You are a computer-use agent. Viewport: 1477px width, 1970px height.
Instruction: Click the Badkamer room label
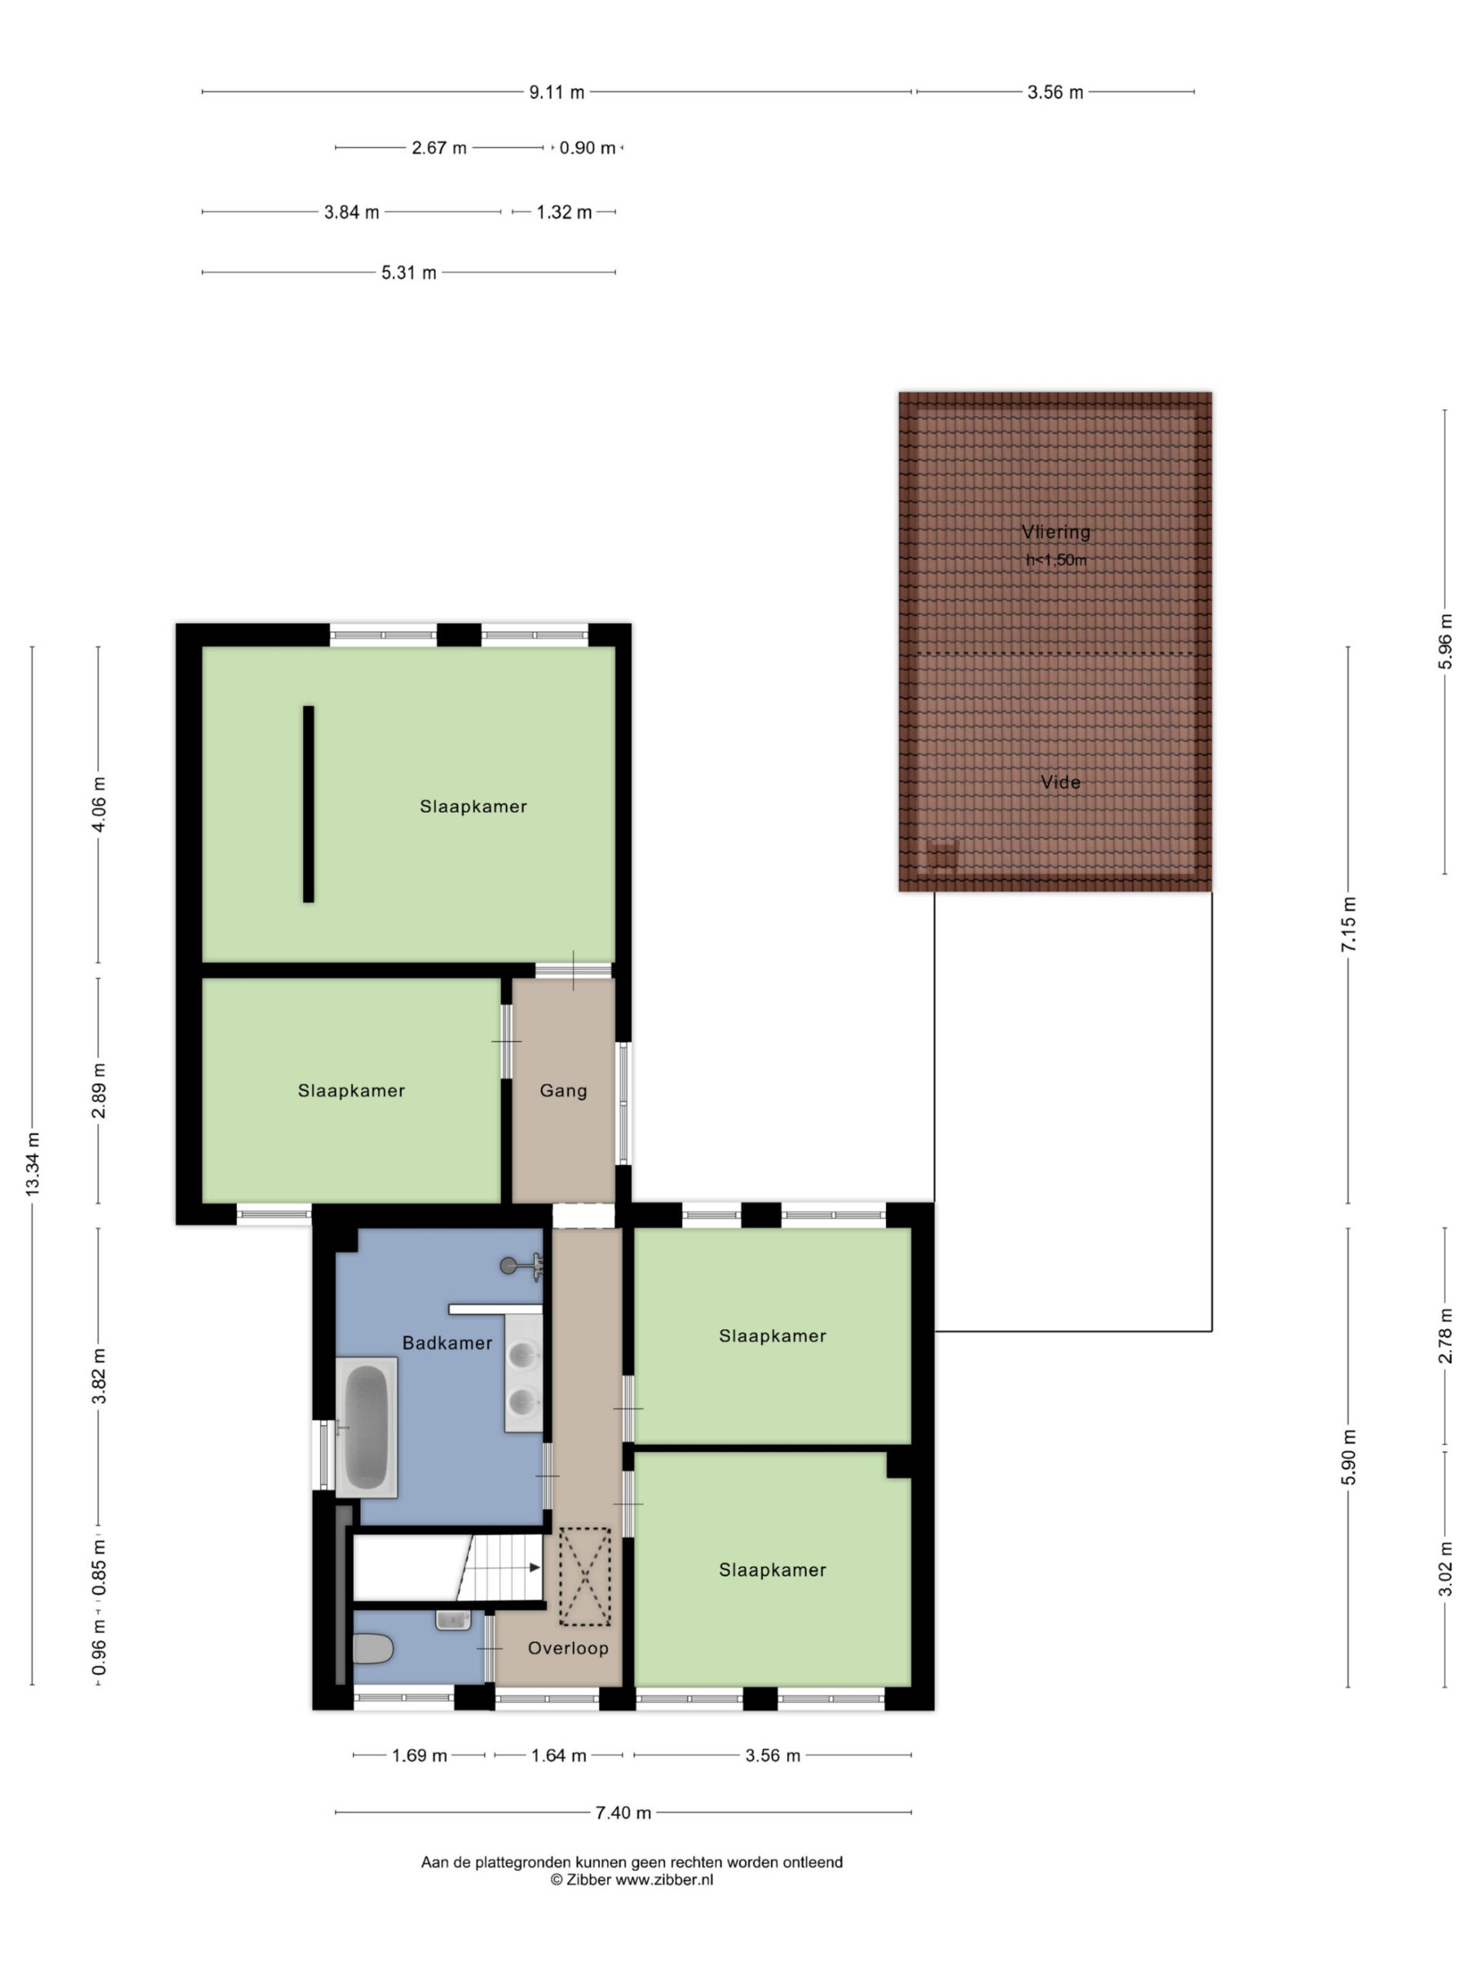[447, 1342]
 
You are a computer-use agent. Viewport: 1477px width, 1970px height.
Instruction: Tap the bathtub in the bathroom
[366, 1427]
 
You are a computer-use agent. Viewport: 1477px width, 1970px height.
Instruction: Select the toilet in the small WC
[372, 1648]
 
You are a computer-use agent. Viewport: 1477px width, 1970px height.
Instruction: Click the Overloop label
[568, 1648]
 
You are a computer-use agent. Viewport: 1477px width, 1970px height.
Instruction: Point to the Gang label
[564, 1090]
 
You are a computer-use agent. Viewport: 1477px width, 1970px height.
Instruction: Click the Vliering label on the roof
[1056, 532]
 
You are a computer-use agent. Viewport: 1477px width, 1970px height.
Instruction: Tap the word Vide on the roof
[1060, 782]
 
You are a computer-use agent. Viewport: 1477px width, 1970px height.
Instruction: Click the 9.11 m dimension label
[557, 92]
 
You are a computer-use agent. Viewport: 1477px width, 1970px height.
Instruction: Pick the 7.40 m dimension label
[623, 1812]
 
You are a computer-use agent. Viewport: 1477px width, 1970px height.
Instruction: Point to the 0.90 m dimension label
[588, 148]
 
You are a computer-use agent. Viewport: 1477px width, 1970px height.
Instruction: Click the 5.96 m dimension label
[1445, 642]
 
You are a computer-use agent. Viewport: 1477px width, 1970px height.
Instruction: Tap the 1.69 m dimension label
[419, 1755]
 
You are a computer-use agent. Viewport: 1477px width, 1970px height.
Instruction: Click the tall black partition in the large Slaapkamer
[308, 804]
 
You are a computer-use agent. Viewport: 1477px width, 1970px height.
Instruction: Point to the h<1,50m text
[1056, 560]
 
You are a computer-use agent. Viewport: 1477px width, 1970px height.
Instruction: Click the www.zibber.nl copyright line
[632, 1880]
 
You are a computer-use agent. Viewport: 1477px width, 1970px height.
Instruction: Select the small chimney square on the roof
[941, 855]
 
